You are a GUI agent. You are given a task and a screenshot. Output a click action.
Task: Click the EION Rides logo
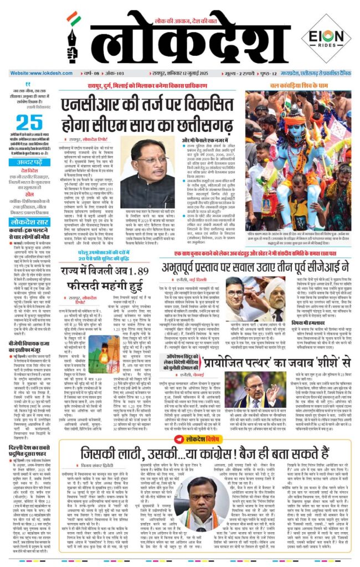[x=325, y=39]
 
